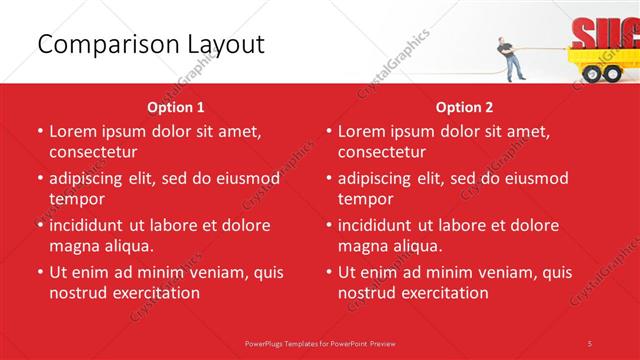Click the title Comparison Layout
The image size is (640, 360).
151,44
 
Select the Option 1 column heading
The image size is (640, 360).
176,107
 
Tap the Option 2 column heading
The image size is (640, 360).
464,107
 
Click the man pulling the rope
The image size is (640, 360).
510,58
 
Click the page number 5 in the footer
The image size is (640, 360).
590,343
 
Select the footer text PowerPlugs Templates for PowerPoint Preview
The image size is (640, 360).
320,343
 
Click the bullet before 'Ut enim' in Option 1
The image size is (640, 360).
39,272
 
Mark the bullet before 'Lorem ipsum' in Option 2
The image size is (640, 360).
328,131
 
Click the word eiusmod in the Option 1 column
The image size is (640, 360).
240,178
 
